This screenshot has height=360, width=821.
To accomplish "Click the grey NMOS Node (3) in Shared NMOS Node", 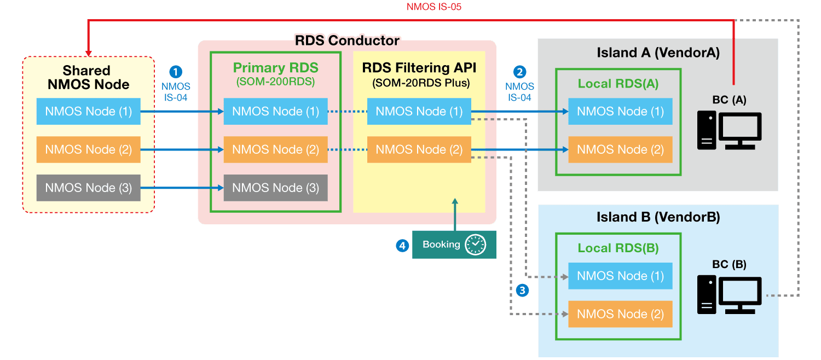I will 88,188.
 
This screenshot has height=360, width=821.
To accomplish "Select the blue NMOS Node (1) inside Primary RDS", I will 275,112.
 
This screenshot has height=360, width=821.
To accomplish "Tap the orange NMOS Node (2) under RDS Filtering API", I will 419,149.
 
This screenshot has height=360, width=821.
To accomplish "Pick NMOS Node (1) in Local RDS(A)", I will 620,112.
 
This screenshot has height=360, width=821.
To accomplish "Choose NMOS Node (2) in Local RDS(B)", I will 620,314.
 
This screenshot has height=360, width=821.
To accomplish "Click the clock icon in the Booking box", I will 475,245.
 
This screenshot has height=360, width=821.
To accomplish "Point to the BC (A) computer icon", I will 729,131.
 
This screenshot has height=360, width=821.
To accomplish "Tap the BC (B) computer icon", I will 729,295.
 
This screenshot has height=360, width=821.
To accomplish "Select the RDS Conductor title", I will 347,40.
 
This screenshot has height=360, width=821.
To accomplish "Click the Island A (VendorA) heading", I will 658,53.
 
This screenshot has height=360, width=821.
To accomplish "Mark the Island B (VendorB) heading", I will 658,217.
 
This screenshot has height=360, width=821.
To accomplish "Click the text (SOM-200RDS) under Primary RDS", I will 275,82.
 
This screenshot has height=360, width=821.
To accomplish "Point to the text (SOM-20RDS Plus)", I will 420,83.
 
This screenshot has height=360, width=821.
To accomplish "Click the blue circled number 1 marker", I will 175,72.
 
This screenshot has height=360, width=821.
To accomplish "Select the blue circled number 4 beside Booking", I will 402,246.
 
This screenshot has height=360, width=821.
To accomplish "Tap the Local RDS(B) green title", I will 618,248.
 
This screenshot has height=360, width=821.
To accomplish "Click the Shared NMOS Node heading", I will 88,78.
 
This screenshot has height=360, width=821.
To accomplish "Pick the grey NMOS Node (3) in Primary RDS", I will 275,188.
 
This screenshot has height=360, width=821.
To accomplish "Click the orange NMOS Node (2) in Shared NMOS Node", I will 88,149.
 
